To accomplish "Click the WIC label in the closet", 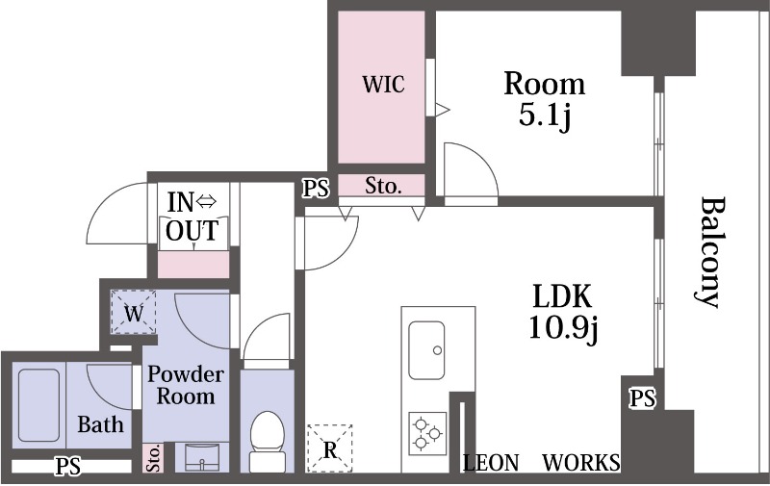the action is [x=383, y=84].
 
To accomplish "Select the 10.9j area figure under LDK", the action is [x=563, y=327].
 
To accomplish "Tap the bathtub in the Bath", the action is [x=38, y=405].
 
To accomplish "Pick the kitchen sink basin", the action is [x=426, y=350].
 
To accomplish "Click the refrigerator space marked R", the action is [x=329, y=448].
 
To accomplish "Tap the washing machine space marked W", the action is [x=134, y=313].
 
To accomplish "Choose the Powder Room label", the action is [x=186, y=385].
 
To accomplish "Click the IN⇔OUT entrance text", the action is [x=192, y=217].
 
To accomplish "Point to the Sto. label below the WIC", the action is [x=383, y=186].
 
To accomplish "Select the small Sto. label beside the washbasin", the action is [x=153, y=458].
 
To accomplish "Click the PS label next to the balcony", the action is [x=643, y=398].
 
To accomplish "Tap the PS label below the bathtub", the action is [x=67, y=466].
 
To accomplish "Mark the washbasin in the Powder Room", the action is [x=202, y=457].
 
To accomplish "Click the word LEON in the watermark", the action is [x=491, y=463].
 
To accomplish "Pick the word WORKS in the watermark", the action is [x=581, y=463].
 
